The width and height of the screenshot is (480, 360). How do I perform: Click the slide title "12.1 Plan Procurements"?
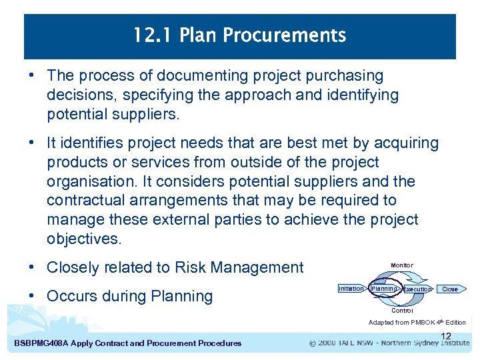[240, 35]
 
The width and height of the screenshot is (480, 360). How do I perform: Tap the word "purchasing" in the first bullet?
[346, 76]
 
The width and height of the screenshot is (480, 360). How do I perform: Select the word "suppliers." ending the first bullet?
[146, 114]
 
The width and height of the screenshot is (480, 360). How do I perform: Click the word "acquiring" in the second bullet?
[407, 143]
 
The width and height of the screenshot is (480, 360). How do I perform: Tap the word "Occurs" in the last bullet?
[71, 297]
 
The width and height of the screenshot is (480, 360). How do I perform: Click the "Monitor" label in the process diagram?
[402, 266]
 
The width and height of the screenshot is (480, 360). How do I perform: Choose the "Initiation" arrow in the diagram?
[351, 289]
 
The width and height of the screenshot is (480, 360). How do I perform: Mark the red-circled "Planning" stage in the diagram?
[384, 289]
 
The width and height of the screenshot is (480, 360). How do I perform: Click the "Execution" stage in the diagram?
[417, 289]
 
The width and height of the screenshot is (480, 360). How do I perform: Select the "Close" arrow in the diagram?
[451, 289]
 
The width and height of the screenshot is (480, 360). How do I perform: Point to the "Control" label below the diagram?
[402, 311]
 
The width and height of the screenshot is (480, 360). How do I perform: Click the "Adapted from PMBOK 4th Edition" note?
[417, 323]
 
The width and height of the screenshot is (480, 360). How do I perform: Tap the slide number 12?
[446, 336]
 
